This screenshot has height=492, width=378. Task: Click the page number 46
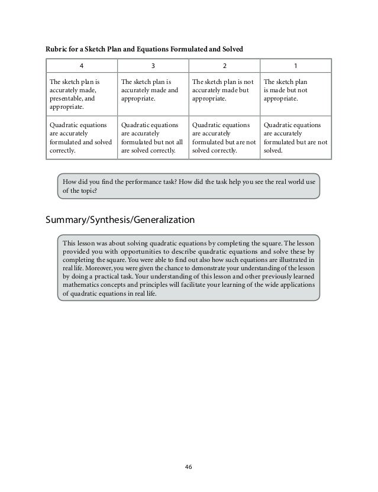click(x=189, y=467)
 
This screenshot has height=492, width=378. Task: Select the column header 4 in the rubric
click(x=82, y=66)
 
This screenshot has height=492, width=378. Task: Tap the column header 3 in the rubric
click(x=153, y=66)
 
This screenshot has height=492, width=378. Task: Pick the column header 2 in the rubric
click(x=224, y=66)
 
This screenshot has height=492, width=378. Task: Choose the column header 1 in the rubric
click(x=296, y=66)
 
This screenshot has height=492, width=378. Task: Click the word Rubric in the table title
click(x=58, y=47)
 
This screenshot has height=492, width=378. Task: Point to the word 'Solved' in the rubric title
click(x=232, y=47)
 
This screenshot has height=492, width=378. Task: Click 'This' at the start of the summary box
click(x=69, y=243)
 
